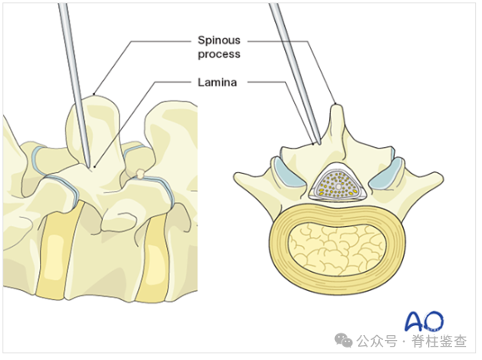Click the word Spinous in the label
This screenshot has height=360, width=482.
point(219,40)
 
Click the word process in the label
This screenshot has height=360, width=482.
point(219,54)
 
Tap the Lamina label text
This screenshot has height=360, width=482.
point(218,82)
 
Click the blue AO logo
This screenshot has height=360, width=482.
point(425,321)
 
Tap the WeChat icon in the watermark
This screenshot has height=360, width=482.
point(343,340)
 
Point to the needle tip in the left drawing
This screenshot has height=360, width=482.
point(90,167)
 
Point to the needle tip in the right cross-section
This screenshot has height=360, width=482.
point(319,144)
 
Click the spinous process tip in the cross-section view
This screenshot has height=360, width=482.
point(337,106)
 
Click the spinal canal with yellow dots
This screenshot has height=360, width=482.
point(338,185)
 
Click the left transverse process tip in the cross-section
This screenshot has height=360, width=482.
point(237,177)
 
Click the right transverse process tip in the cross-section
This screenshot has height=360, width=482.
point(440,177)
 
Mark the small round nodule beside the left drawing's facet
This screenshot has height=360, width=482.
point(140,174)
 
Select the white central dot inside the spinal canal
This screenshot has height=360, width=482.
point(338,186)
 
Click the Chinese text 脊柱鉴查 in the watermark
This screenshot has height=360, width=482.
point(439,341)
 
